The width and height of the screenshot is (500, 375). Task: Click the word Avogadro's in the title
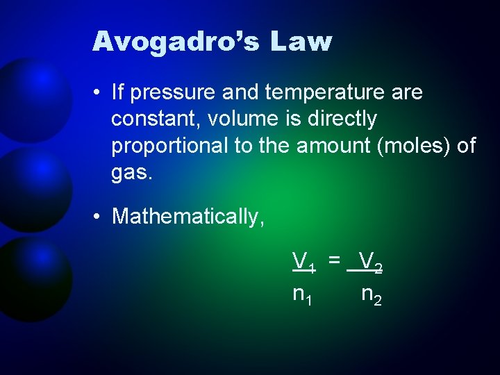[x=174, y=42]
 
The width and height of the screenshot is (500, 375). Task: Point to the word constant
[x=153, y=119]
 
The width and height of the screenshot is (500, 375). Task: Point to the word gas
[x=131, y=172]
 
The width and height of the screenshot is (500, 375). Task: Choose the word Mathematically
[x=188, y=216]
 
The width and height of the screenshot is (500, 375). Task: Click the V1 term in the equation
[x=303, y=262]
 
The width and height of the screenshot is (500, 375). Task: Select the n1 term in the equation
[x=303, y=295]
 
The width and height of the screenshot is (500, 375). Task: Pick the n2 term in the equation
[x=372, y=295]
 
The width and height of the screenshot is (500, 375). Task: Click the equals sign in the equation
[x=335, y=260]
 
